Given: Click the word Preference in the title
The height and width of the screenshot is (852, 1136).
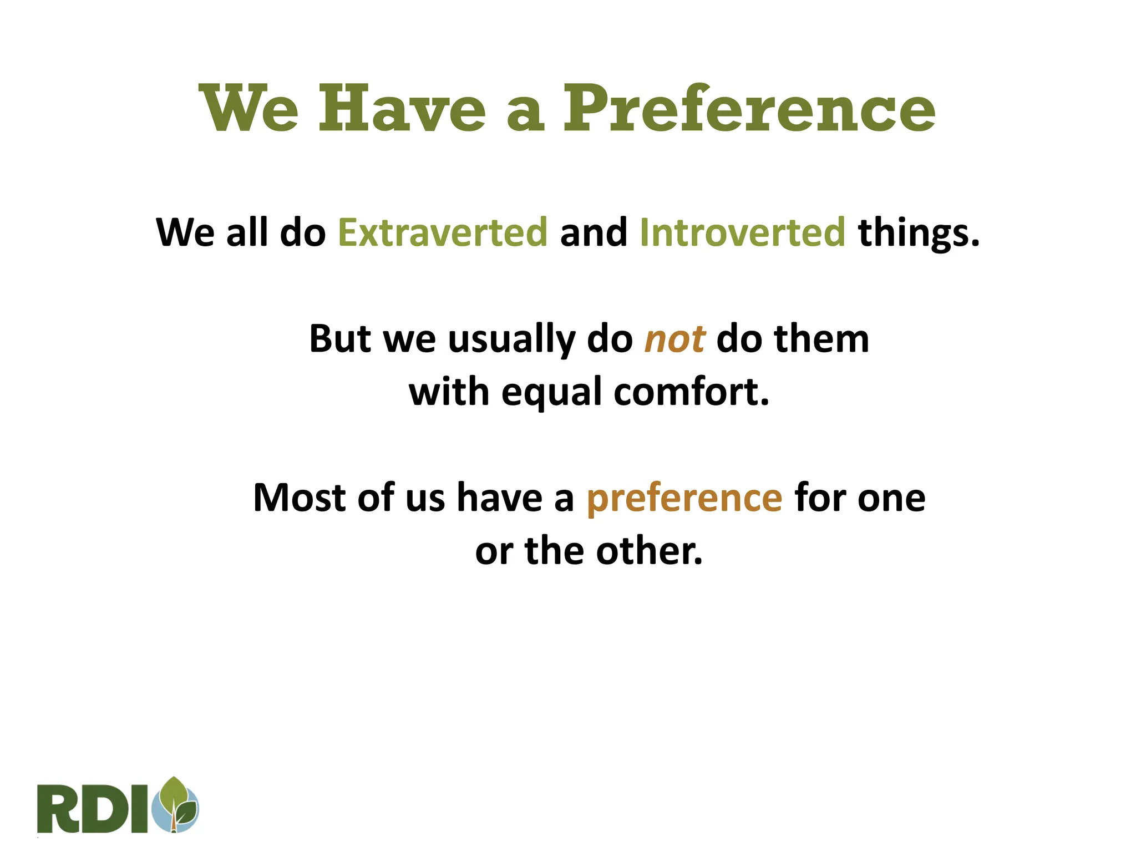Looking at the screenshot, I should (749, 109).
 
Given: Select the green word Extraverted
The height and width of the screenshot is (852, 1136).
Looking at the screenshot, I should (443, 232).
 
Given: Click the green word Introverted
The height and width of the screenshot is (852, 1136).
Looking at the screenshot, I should (742, 232).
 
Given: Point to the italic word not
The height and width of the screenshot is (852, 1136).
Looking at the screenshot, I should (674, 339).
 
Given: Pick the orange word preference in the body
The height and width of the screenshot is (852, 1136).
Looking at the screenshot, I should (684, 498).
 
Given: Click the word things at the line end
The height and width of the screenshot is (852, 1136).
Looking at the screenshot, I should (918, 234).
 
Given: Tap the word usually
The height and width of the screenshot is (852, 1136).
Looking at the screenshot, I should (511, 340).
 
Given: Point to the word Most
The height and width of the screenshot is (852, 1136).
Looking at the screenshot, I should (300, 498).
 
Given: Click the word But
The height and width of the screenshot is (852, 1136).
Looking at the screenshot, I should (339, 339).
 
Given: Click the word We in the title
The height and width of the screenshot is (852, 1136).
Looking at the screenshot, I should (248, 109).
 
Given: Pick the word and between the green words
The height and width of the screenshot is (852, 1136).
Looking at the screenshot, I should (593, 232).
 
